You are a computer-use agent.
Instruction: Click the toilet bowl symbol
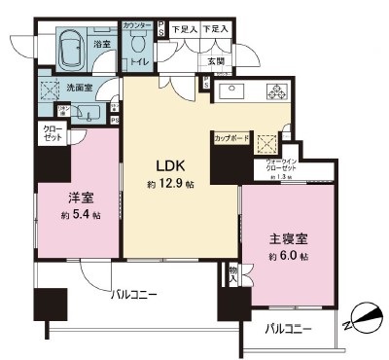[x=138, y=43]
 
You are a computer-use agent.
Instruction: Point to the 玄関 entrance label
[x=215, y=61]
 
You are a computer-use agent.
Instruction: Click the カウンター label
[x=137, y=22]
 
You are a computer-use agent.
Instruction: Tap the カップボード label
[x=231, y=138]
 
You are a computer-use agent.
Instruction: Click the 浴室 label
[x=100, y=44]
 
